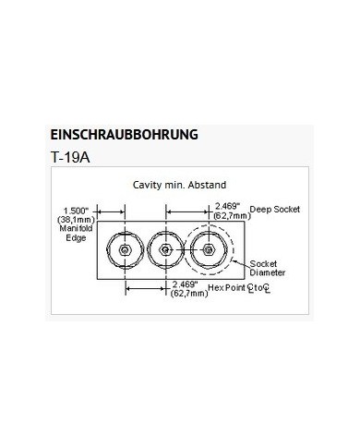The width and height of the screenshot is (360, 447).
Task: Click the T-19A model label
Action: coord(72,157)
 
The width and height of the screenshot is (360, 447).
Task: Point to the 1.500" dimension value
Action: coord(76,209)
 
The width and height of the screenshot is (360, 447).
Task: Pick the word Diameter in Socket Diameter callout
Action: coord(268,274)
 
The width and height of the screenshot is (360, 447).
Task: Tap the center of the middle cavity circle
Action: coord(163,250)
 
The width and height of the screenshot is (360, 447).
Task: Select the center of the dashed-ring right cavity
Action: coord(209,250)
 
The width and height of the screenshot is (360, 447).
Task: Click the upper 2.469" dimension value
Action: coord(227,204)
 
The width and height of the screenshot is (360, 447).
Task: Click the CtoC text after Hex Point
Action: coord(259,290)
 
